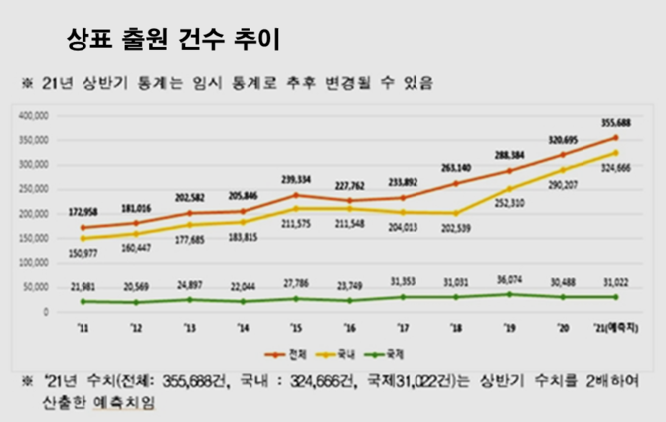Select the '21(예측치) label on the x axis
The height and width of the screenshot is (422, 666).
616,329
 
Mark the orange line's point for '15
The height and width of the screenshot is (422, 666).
296,194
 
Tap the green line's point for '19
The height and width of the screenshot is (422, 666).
510,294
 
